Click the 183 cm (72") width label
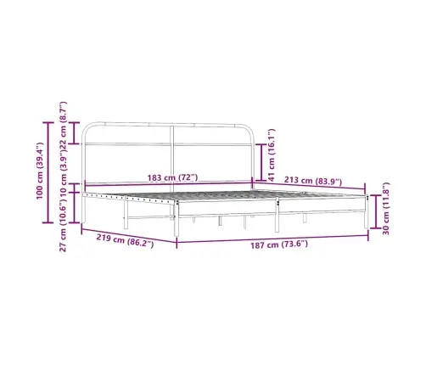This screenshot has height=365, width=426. (172, 177)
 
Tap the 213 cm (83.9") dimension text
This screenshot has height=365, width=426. (313, 181)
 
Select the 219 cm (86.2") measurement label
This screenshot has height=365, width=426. (125, 240)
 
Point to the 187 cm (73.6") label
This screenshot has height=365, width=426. (279, 244)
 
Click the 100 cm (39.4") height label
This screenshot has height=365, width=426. (39, 171)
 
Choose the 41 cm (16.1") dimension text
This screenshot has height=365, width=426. (272, 155)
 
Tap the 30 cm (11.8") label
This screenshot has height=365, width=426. (386, 209)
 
